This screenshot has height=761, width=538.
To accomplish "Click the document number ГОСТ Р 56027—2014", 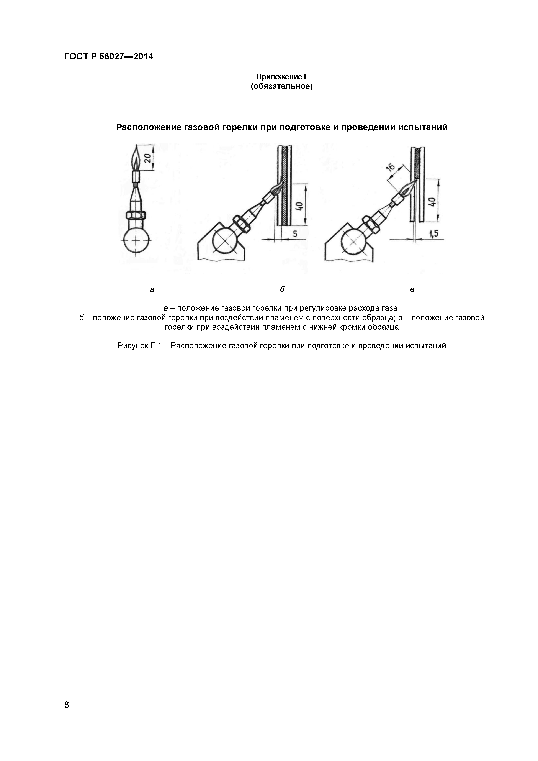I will [x=109, y=57].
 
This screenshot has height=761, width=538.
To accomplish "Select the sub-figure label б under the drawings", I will [x=282, y=289].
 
